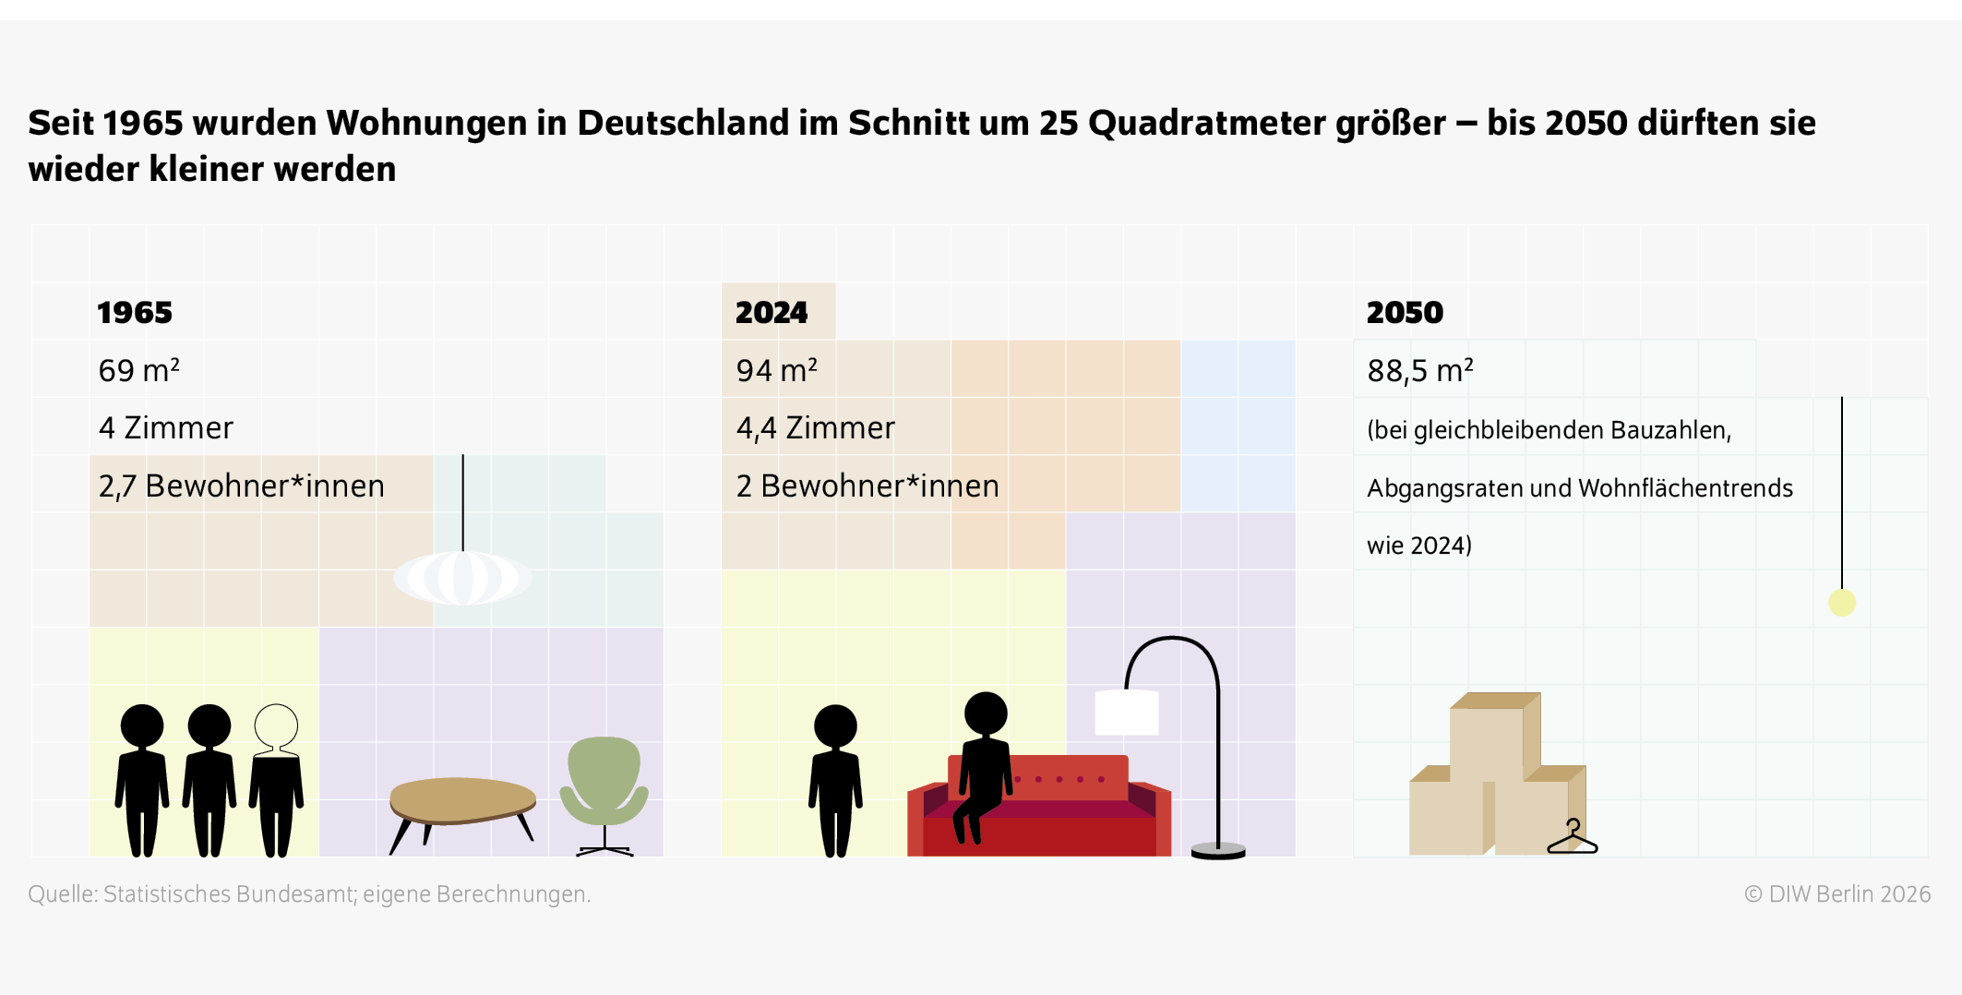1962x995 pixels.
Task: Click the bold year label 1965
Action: [135, 313]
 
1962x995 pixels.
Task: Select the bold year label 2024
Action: [772, 313]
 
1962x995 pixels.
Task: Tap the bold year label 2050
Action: [1405, 313]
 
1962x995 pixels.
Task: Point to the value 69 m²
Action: [139, 370]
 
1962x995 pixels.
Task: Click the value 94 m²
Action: [777, 370]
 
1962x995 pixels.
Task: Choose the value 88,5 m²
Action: [1420, 370]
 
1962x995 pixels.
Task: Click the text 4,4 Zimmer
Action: [816, 428]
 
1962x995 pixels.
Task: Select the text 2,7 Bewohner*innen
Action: [242, 486]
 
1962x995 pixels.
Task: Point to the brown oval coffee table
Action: [462, 799]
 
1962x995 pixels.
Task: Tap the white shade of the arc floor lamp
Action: [1126, 713]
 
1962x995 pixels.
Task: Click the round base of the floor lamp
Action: [1218, 850]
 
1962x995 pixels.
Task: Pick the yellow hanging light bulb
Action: [1842, 603]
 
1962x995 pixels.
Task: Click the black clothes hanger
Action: [1573, 838]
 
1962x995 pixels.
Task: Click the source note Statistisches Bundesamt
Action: [309, 894]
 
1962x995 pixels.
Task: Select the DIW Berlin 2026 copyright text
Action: [1837, 894]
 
